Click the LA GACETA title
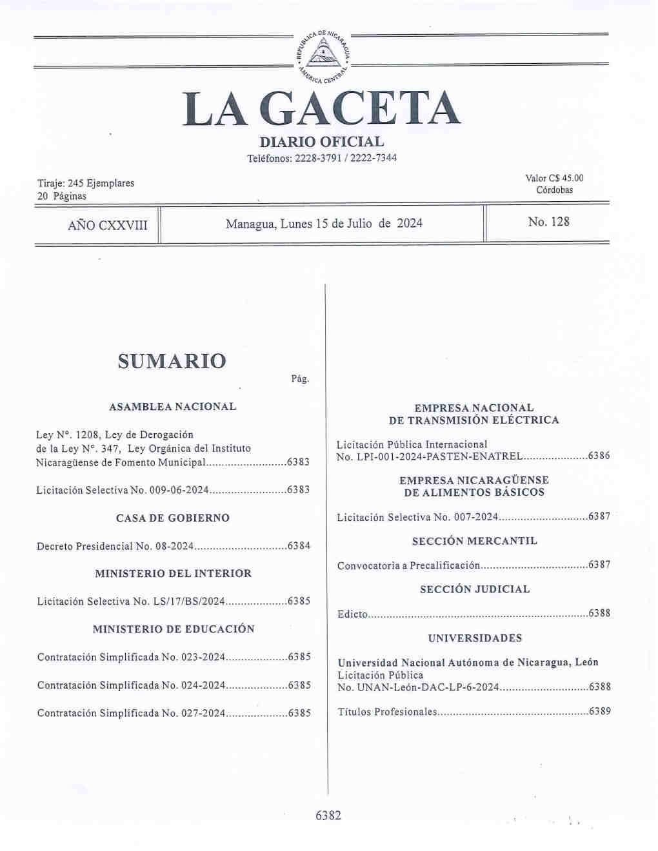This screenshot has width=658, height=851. click(x=322, y=109)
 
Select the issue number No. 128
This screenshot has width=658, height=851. click(x=548, y=222)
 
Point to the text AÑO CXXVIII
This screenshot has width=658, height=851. click(x=107, y=225)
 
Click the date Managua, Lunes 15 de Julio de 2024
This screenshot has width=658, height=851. click(x=324, y=224)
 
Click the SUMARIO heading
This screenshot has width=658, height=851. click(x=172, y=360)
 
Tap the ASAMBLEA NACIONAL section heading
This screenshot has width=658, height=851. click(x=172, y=407)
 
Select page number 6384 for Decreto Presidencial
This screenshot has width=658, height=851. click(x=299, y=546)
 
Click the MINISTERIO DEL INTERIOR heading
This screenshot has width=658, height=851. click(x=173, y=573)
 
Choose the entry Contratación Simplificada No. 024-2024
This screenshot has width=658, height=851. click(x=130, y=685)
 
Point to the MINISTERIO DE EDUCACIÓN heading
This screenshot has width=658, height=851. click(x=173, y=629)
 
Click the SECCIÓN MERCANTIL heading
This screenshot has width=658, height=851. click(x=474, y=541)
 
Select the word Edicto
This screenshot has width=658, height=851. click(x=352, y=614)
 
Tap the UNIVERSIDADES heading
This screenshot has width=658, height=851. click(x=475, y=638)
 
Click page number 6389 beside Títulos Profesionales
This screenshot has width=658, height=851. click(x=599, y=712)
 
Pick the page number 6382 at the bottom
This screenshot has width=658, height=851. click(x=328, y=816)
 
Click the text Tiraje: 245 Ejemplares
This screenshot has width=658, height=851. click(x=86, y=183)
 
